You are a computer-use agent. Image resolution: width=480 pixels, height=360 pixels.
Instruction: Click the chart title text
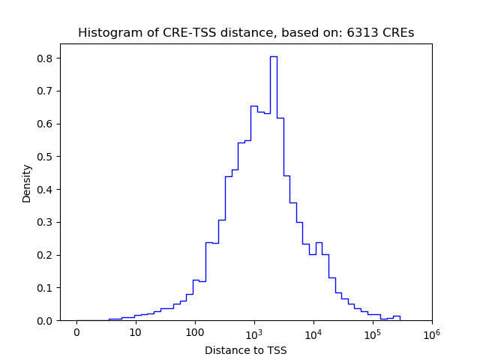point(246,33)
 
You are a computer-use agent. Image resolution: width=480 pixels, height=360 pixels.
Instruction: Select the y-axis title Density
point(27,183)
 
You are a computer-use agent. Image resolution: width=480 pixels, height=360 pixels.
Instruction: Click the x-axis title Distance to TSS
point(246,349)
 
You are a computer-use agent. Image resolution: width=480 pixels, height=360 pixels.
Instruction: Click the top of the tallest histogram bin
point(274,56)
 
